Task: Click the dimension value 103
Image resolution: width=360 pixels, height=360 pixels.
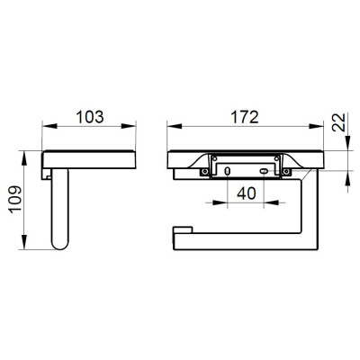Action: pos(90,117)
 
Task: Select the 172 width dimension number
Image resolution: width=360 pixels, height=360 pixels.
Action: pos(245,117)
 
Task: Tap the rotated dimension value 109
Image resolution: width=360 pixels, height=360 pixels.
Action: pos(15,199)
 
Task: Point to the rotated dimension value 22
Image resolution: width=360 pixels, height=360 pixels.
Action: pos(338,121)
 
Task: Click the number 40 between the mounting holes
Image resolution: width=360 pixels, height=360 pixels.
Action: pos(247,193)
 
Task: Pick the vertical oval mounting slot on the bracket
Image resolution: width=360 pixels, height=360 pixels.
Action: pos(228,171)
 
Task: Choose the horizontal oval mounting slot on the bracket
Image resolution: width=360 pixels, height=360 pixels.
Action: pos(264,171)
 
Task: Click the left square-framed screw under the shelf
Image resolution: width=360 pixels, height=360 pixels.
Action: pos(205,172)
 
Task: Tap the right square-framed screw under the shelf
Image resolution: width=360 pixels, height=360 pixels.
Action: pos(286,172)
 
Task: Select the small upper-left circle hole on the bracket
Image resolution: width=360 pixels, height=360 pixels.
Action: pos(215,158)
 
